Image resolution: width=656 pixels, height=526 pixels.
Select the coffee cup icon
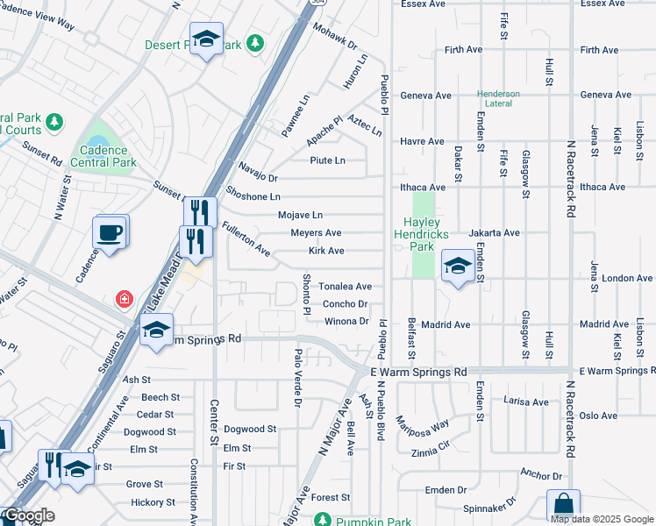(111, 232)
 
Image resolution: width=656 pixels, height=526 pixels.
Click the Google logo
(30, 515)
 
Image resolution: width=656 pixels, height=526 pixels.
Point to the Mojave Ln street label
(300, 215)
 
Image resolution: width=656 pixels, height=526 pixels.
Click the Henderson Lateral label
(498, 99)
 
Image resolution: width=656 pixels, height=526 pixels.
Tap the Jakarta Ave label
(495, 233)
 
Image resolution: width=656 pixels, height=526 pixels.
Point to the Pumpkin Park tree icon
(323, 522)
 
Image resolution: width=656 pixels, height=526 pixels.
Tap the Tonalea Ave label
(345, 287)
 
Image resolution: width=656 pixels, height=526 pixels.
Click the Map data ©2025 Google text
(601, 519)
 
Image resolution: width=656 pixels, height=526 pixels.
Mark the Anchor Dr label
(541, 476)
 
